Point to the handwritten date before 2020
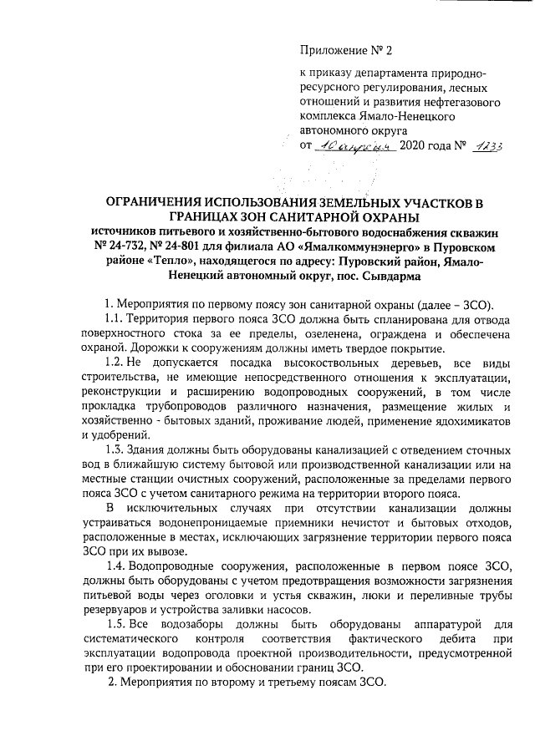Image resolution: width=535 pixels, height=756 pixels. click(x=345, y=145)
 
